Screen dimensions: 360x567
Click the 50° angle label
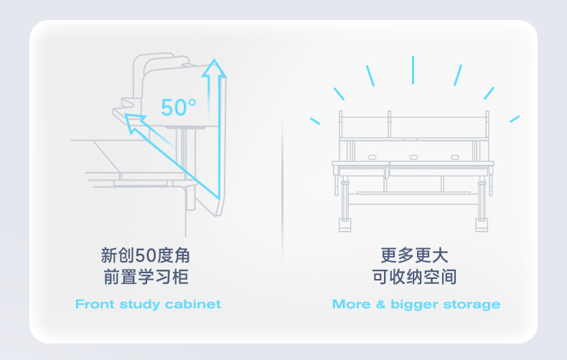(x=178, y=108)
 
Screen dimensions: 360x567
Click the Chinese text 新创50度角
(x=146, y=255)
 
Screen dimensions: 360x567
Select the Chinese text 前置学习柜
(x=146, y=278)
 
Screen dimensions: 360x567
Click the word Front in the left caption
(x=95, y=304)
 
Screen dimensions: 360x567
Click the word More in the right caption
(x=351, y=304)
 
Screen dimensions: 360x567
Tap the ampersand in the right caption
(x=380, y=304)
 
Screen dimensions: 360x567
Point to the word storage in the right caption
(x=471, y=305)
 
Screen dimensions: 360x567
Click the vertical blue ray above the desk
(x=413, y=70)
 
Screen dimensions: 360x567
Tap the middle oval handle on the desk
(x=413, y=156)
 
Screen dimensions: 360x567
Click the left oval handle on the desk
(x=372, y=156)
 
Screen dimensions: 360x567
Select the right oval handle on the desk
(x=454, y=156)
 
